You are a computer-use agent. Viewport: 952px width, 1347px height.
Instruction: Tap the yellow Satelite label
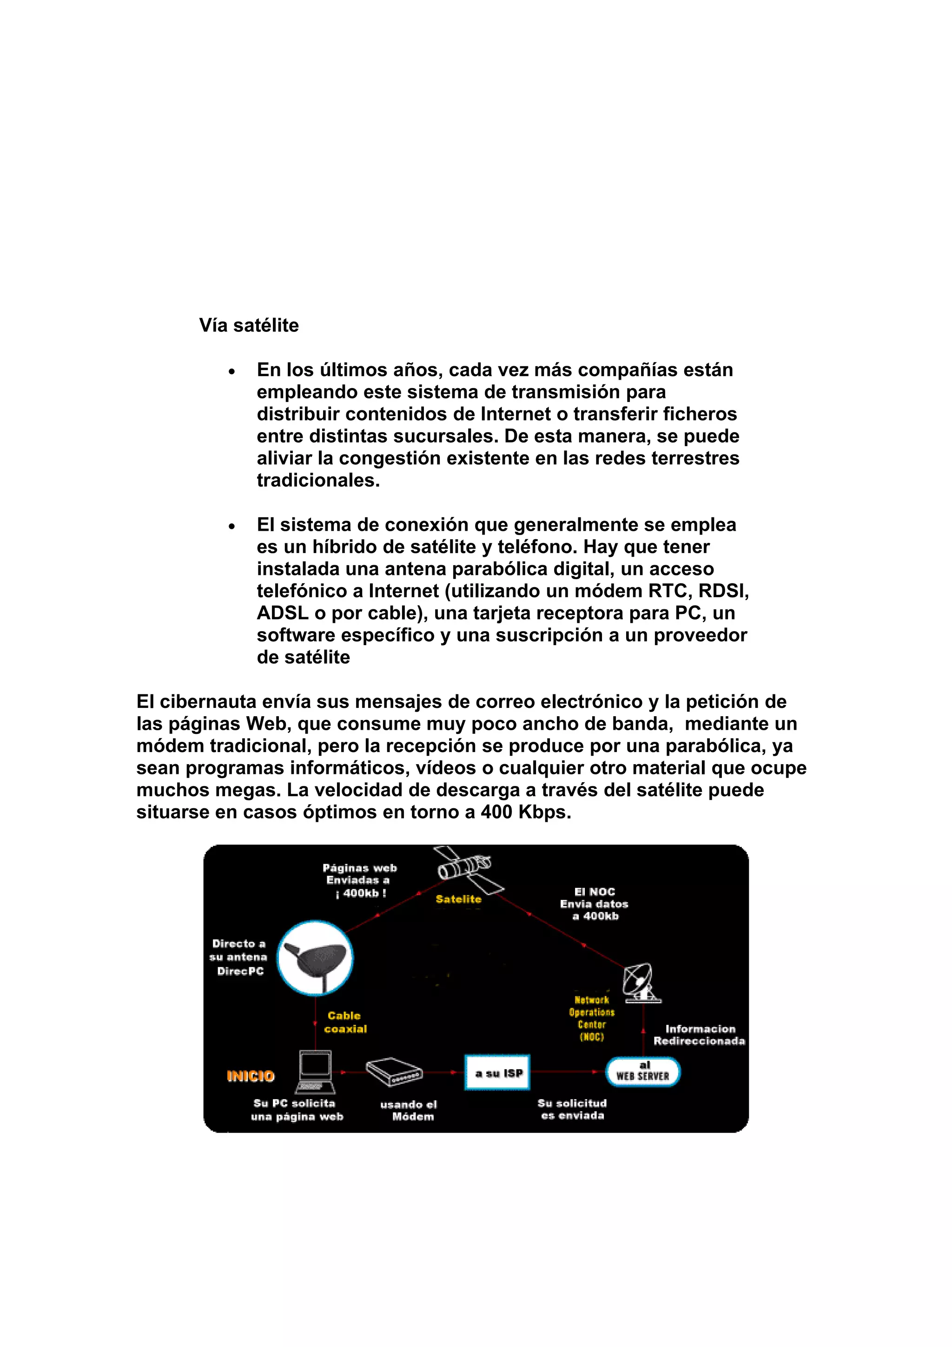[458, 899]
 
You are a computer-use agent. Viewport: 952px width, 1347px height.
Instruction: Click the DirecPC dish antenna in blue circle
[316, 958]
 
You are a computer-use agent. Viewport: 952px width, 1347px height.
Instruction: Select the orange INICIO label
[251, 1076]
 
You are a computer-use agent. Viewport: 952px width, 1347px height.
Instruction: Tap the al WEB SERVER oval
[643, 1071]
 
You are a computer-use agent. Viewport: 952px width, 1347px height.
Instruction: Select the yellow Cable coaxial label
[345, 1022]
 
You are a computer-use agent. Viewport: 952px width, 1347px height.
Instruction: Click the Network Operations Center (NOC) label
[591, 1018]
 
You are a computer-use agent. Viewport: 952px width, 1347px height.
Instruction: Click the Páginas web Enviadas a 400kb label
[359, 880]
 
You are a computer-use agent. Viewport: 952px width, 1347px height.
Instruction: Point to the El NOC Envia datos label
[594, 904]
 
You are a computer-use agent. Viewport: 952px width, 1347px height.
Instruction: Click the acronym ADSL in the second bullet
[283, 613]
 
